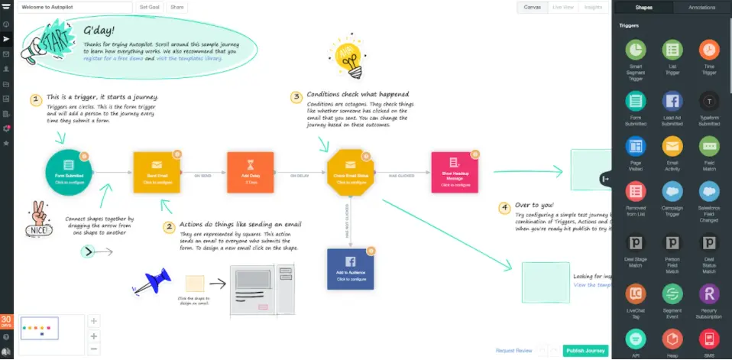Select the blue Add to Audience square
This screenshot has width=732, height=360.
pyautogui.click(x=349, y=268)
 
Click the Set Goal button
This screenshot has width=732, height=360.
pyautogui.click(x=148, y=7)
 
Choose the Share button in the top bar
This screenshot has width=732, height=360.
pyautogui.click(x=177, y=7)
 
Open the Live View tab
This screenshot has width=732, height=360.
pyautogui.click(x=563, y=7)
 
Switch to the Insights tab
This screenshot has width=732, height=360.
pyautogui.click(x=593, y=7)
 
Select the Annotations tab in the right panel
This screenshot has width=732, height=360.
pyautogui.click(x=701, y=8)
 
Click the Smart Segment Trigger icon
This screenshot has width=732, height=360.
pyautogui.click(x=635, y=50)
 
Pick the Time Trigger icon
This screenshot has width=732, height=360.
pyautogui.click(x=709, y=50)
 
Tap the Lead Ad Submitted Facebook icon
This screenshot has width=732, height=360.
pyautogui.click(x=672, y=100)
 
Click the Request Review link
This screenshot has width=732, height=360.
pyautogui.click(x=513, y=351)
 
